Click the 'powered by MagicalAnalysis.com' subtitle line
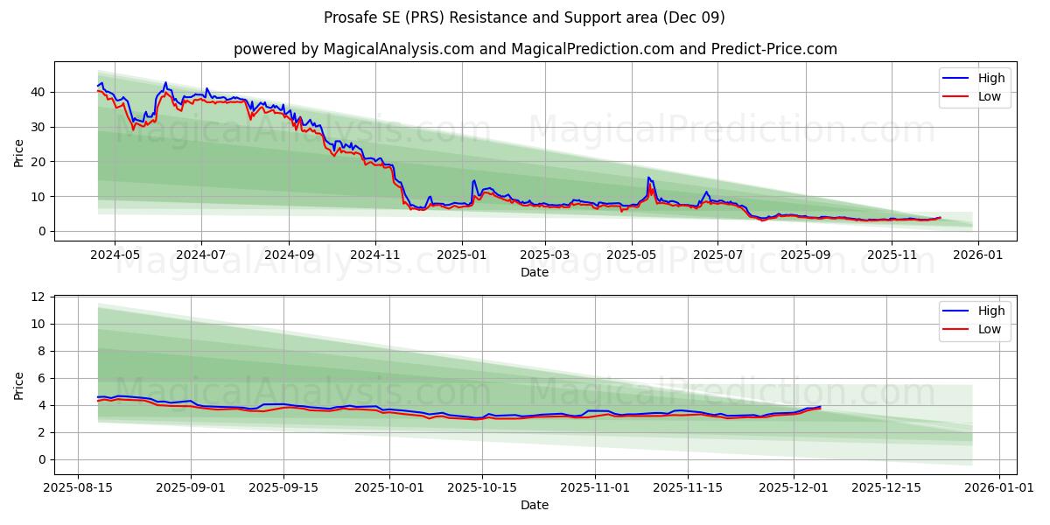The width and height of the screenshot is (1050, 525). point(535,49)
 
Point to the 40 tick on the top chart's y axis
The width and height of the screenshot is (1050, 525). point(38,92)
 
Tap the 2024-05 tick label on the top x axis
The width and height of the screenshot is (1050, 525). point(115,254)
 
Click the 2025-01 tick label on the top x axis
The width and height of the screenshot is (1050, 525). point(461,254)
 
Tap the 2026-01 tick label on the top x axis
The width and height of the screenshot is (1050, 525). point(977,254)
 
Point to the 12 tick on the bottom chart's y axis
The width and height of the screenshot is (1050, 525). point(38,297)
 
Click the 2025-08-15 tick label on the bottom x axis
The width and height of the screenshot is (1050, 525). point(79,486)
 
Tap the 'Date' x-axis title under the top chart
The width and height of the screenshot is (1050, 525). point(535,272)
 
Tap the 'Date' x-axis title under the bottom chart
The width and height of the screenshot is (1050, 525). point(535,505)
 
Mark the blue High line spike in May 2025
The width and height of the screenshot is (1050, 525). point(648,178)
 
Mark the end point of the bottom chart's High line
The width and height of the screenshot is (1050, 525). point(820,407)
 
